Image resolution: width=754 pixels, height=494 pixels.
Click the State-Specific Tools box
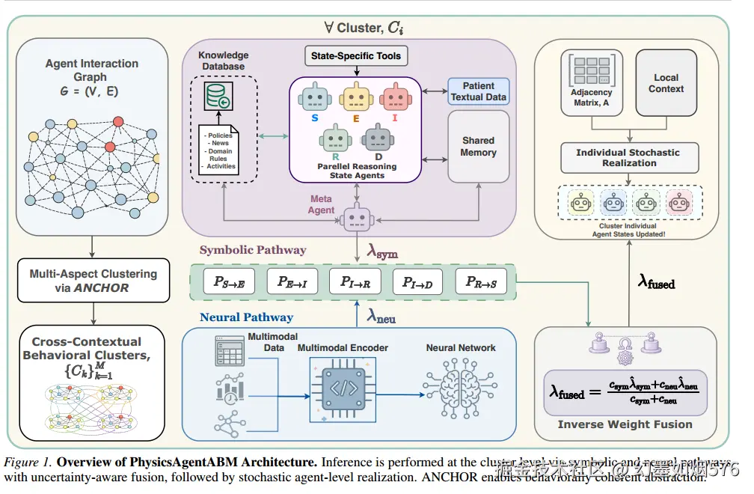357,55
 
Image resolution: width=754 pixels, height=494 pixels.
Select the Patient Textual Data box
479,91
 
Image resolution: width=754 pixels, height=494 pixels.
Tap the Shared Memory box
479,146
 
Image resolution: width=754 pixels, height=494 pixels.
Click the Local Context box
666,83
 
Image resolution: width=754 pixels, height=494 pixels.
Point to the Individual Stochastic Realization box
629,157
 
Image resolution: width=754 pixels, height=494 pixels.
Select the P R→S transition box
481,281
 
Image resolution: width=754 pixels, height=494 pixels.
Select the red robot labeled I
394,99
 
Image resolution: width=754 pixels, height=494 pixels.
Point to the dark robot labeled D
378,139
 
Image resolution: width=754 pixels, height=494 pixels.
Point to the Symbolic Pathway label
252,250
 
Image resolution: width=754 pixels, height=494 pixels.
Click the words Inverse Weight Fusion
625,424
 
